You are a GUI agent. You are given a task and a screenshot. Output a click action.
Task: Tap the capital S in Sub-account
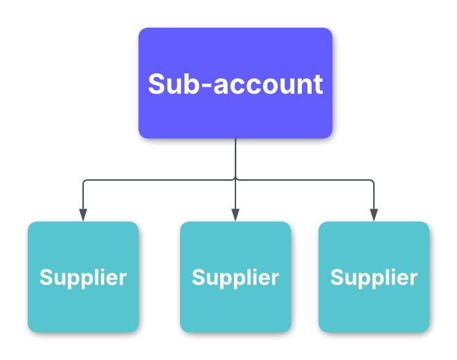click(157, 84)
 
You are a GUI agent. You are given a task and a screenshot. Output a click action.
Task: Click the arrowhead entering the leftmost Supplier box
click(83, 215)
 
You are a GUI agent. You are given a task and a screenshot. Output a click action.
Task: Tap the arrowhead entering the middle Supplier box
click(235, 215)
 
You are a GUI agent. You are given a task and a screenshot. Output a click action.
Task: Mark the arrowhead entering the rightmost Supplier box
click(374, 215)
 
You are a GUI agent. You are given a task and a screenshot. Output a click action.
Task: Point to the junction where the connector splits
click(235, 180)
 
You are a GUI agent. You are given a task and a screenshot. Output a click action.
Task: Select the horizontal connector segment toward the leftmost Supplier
click(159, 180)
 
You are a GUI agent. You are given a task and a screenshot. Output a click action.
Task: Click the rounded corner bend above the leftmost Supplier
click(84, 181)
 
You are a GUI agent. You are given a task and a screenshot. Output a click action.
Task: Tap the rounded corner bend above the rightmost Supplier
click(373, 181)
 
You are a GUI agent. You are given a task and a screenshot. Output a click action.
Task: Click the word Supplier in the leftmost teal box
click(83, 278)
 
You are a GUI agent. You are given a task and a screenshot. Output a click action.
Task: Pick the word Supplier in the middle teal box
click(235, 278)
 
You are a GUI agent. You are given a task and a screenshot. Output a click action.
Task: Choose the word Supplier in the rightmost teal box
click(374, 278)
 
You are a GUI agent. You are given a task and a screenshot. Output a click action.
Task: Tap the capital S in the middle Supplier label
click(198, 277)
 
